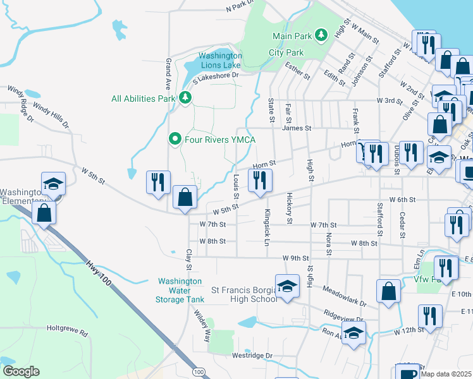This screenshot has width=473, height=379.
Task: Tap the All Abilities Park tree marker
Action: point(185,98)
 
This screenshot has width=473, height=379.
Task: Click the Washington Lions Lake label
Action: point(220,60)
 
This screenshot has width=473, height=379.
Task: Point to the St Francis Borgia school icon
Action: point(287,287)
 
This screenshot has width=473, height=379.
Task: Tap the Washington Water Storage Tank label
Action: point(180,290)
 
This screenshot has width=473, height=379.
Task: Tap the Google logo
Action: point(21,371)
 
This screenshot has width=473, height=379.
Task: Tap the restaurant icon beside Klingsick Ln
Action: point(261,181)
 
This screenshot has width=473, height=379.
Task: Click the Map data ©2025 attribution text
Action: point(446,374)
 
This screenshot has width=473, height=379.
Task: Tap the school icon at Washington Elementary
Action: point(54,184)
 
